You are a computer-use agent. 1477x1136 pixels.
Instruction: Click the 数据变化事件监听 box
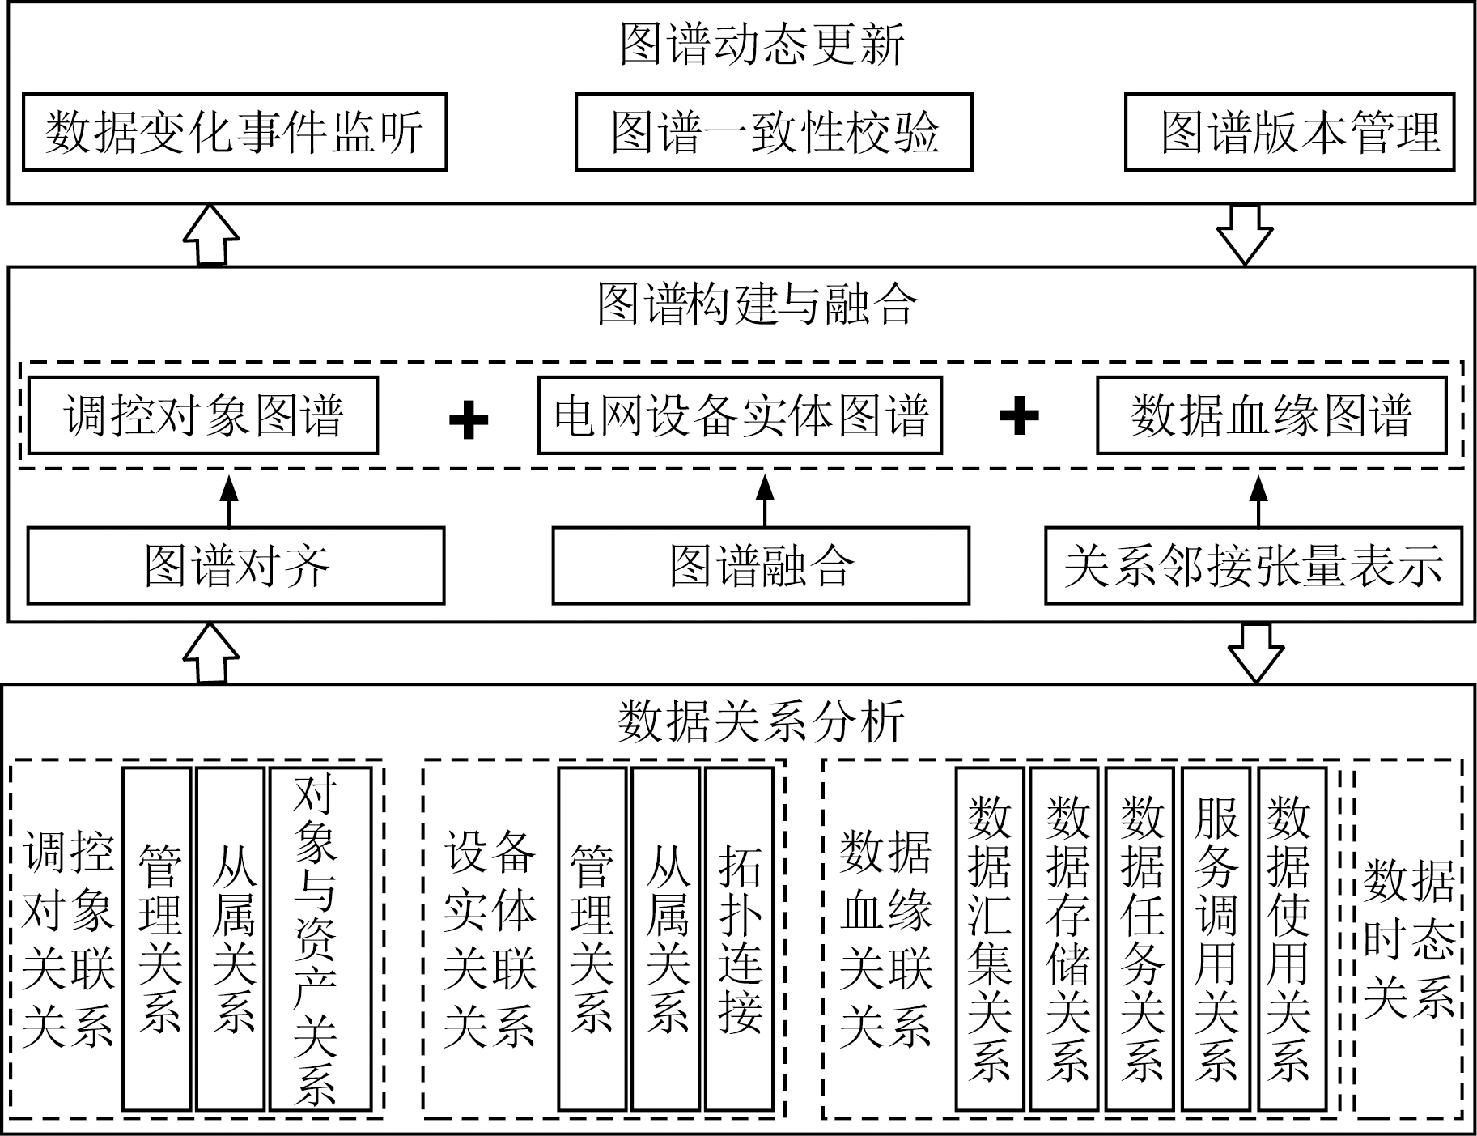235,132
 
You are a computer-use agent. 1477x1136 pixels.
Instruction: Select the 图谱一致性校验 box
773,132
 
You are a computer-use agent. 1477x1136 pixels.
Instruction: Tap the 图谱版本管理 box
1289,132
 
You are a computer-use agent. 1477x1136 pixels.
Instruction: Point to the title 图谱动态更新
761,45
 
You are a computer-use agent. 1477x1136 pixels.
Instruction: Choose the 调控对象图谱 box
203,415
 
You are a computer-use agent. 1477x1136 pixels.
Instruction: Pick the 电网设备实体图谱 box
740,415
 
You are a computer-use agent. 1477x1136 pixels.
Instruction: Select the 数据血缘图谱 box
1271,415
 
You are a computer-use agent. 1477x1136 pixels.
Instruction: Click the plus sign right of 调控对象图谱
469,419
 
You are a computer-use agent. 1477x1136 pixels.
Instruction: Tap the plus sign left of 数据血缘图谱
1019,416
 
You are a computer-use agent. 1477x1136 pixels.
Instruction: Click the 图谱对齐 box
236,566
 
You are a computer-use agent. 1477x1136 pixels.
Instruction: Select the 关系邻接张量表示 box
1253,566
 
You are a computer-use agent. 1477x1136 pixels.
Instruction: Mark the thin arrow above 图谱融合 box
765,500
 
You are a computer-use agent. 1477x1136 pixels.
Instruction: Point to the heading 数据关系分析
761,721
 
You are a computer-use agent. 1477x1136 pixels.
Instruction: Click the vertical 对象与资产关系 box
320,938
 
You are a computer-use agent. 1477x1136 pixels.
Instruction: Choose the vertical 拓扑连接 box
739,938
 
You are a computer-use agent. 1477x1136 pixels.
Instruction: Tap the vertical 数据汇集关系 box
989,938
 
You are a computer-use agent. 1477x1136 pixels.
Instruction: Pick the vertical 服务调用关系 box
1216,938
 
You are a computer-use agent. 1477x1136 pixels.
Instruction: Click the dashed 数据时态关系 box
1408,938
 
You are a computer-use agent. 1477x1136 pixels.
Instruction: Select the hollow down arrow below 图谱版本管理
1245,235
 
